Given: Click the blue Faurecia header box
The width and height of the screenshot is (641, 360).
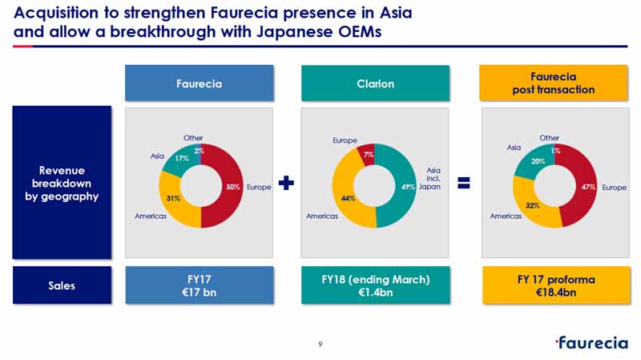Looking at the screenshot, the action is click(x=199, y=83).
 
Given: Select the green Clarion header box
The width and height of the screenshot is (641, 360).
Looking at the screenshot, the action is click(x=375, y=83).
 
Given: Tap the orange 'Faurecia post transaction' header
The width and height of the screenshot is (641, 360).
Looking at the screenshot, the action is click(x=554, y=83).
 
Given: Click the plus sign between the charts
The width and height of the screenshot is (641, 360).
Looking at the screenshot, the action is click(x=286, y=183).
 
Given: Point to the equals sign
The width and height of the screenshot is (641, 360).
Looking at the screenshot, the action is click(x=464, y=183).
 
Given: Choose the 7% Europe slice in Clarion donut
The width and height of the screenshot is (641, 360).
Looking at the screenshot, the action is click(x=367, y=154).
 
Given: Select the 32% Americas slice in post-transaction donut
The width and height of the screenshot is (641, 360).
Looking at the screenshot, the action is click(x=531, y=207).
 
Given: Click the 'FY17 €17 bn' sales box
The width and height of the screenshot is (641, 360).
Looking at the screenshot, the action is click(x=200, y=285).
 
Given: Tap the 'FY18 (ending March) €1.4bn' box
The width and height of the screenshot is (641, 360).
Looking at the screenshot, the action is click(x=376, y=285).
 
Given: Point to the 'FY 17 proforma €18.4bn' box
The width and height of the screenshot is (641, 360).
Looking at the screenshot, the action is click(x=556, y=285).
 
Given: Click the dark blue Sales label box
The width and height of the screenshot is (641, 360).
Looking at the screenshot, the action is click(x=62, y=285).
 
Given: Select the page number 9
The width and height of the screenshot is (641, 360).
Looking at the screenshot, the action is click(x=320, y=345).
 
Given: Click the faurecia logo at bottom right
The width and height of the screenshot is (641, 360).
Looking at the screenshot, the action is click(x=591, y=343).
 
